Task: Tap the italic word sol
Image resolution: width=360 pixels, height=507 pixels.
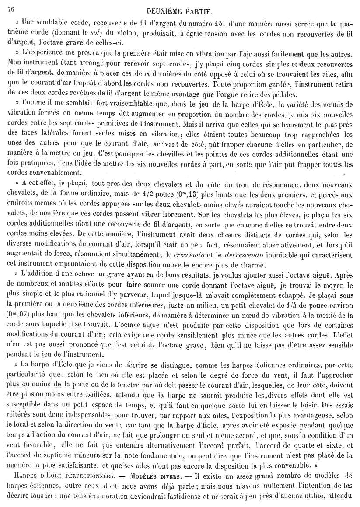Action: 91,32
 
